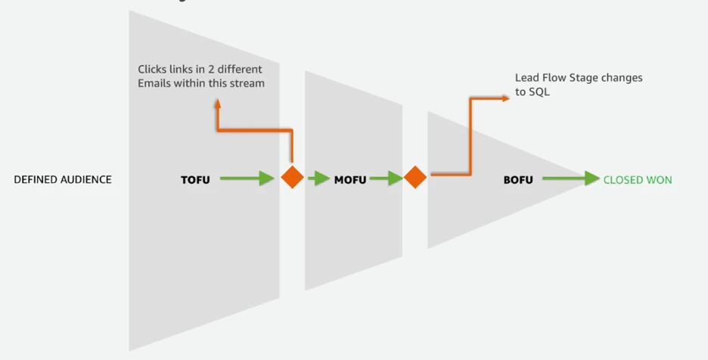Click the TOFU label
195,180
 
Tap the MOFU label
350,180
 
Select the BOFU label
518,180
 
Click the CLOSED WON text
637,180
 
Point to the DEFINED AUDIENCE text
63,180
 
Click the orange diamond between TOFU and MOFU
293,178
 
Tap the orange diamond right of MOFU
415,178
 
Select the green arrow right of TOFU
247,178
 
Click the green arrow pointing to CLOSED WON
571,178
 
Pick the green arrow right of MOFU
386,178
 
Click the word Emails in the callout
154,83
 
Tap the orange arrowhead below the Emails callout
216,102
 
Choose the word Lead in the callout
526,78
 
